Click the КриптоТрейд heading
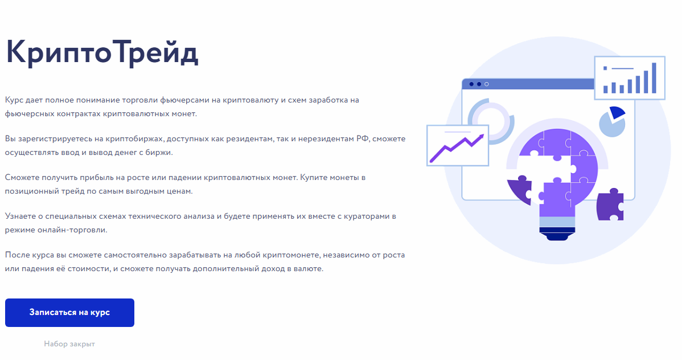tap(102, 52)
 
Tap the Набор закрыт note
tap(69, 344)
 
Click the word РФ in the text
tap(362, 138)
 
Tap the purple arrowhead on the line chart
tap(480, 137)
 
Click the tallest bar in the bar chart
tap(654, 78)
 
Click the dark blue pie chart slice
tap(617, 112)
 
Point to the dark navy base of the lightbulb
tap(557, 234)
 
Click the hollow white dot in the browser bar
tap(487, 84)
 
